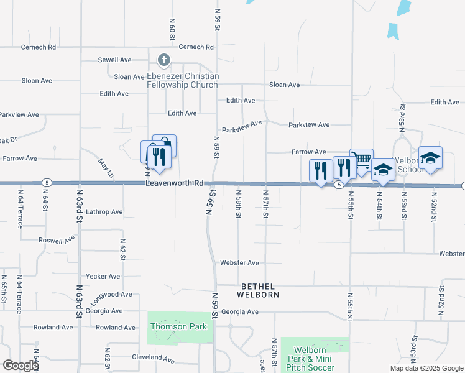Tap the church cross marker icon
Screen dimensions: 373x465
pyautogui.click(x=163, y=60)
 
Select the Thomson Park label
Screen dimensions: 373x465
pyautogui.click(x=173, y=326)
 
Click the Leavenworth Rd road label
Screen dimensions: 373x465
pyautogui.click(x=175, y=183)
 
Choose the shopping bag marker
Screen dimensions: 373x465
pyautogui.click(x=165, y=145)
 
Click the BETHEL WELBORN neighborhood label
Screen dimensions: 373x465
pyautogui.click(x=260, y=290)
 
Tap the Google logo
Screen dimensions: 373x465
pyautogui.click(x=21, y=365)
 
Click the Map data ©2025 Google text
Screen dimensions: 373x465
pyautogui.click(x=426, y=368)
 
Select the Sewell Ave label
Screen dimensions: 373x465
pyautogui.click(x=115, y=60)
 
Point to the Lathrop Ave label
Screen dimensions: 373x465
pyautogui.click(x=104, y=212)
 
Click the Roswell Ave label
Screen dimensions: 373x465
pyautogui.click(x=57, y=239)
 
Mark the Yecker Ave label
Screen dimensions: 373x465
pyautogui.click(x=104, y=276)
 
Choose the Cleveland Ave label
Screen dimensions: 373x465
pyautogui.click(x=153, y=358)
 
